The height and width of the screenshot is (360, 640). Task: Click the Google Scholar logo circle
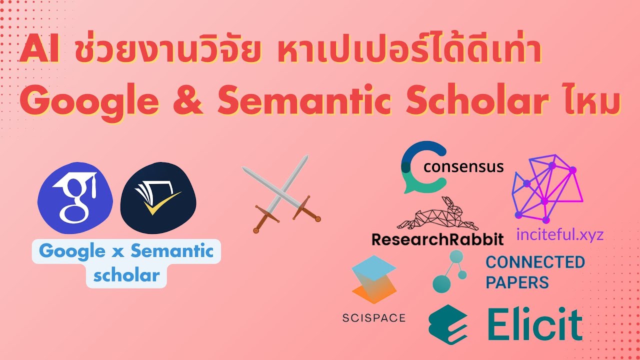click(x=75, y=197)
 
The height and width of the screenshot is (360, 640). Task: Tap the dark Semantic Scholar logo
click(x=158, y=197)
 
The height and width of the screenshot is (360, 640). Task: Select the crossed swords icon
click(x=281, y=193)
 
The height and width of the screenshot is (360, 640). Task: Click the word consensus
click(x=463, y=167)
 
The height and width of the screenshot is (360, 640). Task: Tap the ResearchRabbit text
click(x=437, y=239)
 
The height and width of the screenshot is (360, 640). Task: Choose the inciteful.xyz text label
click(x=560, y=235)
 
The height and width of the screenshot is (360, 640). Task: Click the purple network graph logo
click(x=547, y=188)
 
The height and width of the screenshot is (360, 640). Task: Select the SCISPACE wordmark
click(x=373, y=317)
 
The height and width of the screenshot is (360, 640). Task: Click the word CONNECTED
click(x=535, y=262)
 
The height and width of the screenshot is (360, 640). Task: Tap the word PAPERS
click(x=517, y=282)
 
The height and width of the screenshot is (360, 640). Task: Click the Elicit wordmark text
click(x=534, y=324)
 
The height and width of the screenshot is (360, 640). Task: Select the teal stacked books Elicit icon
click(x=448, y=324)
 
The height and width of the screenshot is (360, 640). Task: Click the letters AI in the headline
click(x=40, y=49)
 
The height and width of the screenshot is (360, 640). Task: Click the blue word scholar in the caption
click(x=126, y=275)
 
